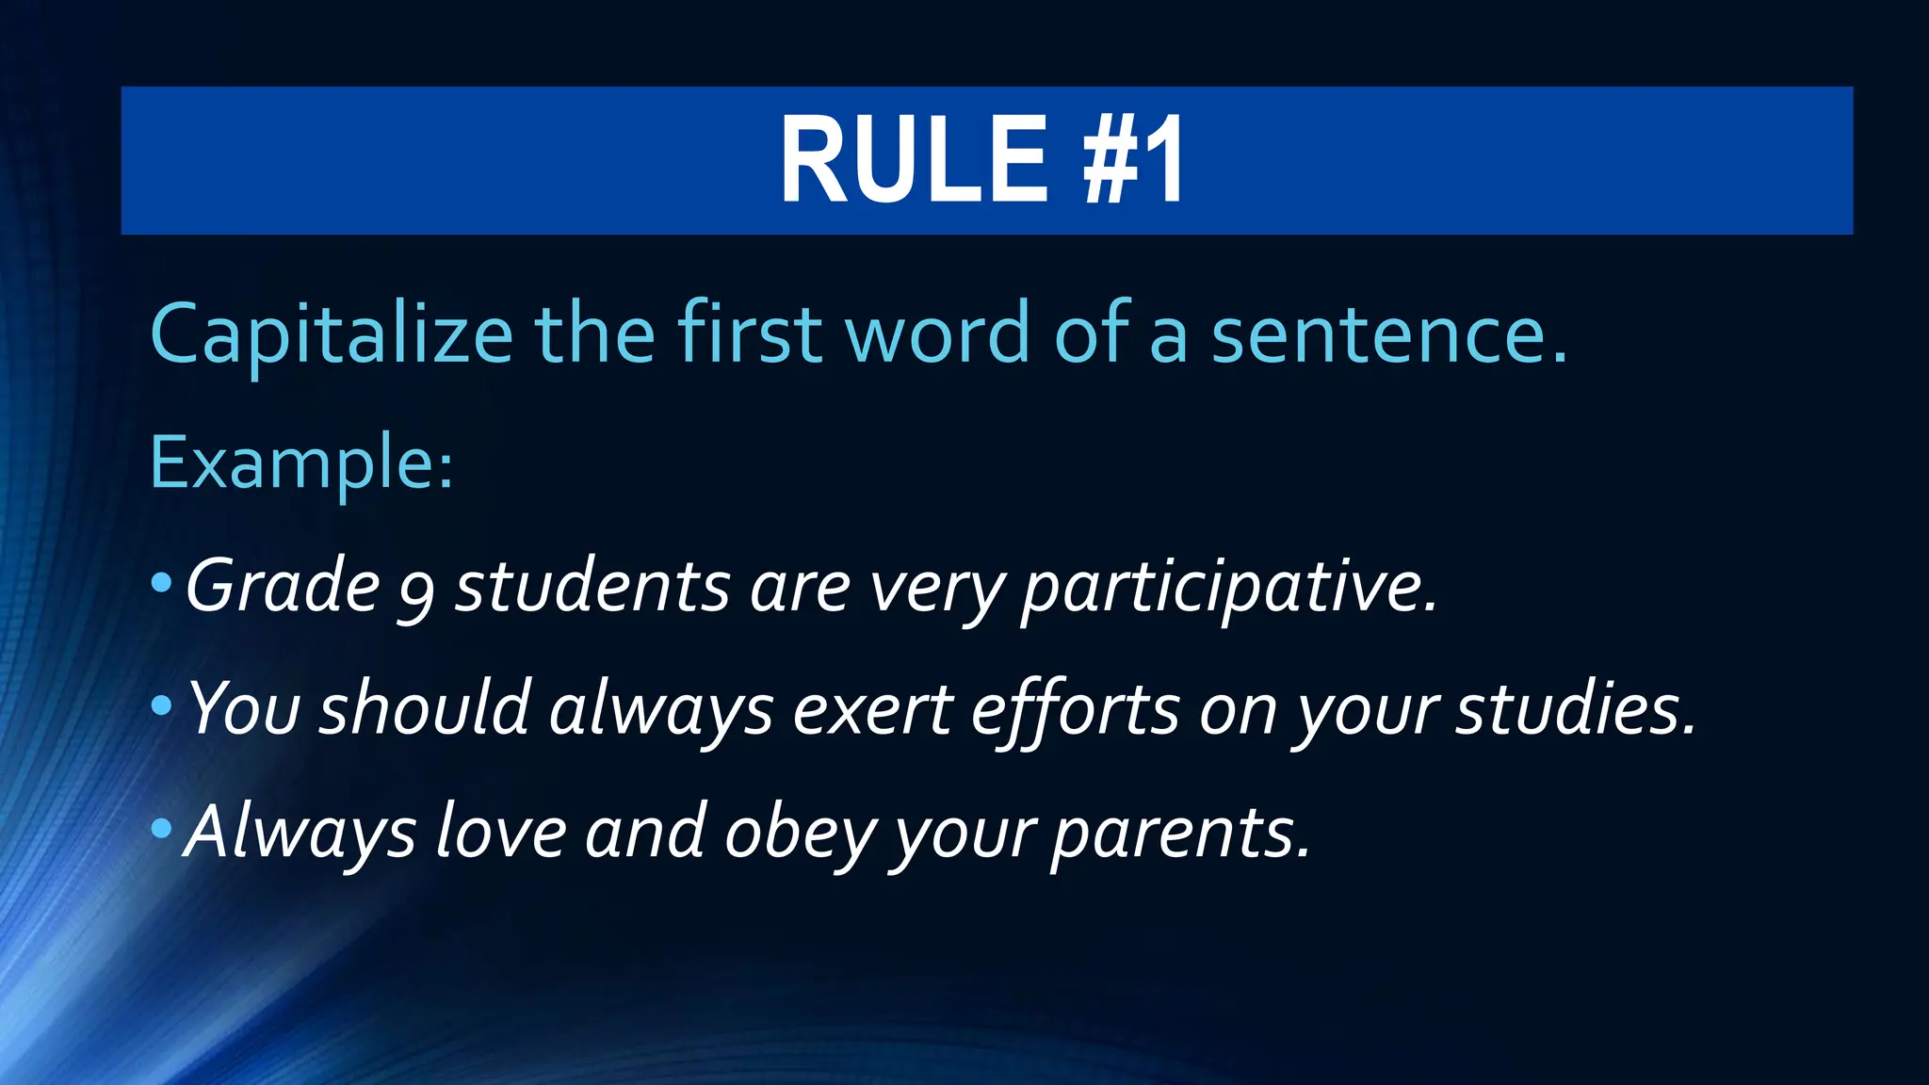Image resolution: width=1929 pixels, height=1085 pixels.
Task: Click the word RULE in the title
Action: click(x=913, y=159)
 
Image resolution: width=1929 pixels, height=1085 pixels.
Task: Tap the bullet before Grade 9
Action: click(x=161, y=585)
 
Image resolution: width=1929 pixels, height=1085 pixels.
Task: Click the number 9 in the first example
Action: click(x=416, y=593)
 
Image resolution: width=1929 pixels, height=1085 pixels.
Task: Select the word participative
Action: click(x=1229, y=590)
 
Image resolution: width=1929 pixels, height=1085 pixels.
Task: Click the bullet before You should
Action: click(x=161, y=706)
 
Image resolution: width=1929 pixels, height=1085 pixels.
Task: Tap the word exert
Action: click(x=872, y=710)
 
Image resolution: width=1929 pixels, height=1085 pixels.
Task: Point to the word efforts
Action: click(x=1075, y=712)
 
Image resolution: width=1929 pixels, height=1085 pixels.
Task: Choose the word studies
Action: click(x=1576, y=710)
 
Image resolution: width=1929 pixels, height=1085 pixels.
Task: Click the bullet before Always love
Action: click(x=161, y=830)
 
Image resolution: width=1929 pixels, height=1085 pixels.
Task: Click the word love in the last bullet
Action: click(x=501, y=833)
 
